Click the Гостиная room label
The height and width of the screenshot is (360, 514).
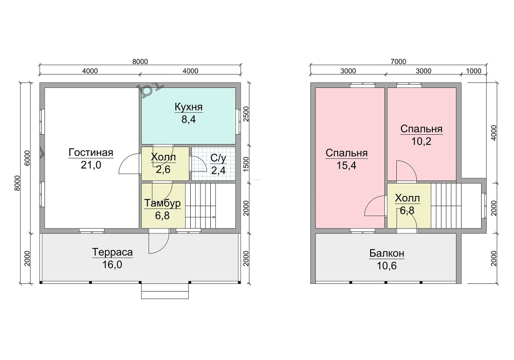pos(91,152)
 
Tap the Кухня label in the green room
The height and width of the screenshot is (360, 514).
pos(189,107)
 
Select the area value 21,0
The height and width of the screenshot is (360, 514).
pos(91,165)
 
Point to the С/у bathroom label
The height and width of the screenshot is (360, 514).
pos(218,158)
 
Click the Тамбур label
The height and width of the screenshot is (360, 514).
pos(162,203)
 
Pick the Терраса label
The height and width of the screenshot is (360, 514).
pos(112,252)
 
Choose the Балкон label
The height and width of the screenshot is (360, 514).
pos(387,253)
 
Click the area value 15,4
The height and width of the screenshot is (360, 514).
pos(346,166)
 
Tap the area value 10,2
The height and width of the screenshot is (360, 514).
pos(421,141)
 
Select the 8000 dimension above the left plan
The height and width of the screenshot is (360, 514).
pos(140,61)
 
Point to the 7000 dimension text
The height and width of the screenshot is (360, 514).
pos(398,61)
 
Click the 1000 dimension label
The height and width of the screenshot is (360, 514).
pos(473,71)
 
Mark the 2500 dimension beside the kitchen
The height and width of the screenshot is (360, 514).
pos(247,114)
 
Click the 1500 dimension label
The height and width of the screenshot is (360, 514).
pos(247,164)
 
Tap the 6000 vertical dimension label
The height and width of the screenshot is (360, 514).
pos(27,158)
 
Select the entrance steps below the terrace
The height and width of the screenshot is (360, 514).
pos(165,291)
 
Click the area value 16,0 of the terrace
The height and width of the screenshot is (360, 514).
pos(112,264)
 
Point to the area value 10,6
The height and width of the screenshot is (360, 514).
pos(387,265)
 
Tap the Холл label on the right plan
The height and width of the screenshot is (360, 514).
pos(407,198)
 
